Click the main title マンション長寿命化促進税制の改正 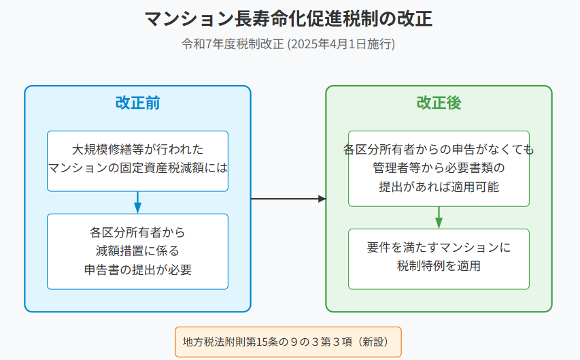(x=288, y=18)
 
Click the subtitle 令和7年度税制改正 (x=233, y=44)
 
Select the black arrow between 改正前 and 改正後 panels (x=288, y=199)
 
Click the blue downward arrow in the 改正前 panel (x=137, y=203)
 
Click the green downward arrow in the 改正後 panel (x=439, y=218)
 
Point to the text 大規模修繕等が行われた (x=137, y=149)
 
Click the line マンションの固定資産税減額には (x=137, y=167)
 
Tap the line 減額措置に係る (x=137, y=250)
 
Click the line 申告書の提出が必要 (x=137, y=269)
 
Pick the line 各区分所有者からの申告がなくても (x=439, y=149)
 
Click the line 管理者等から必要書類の (x=439, y=167)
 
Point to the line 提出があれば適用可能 (x=439, y=186)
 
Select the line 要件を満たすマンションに (x=439, y=247)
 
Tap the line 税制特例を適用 (x=439, y=266)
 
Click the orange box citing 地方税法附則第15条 (x=288, y=342)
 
